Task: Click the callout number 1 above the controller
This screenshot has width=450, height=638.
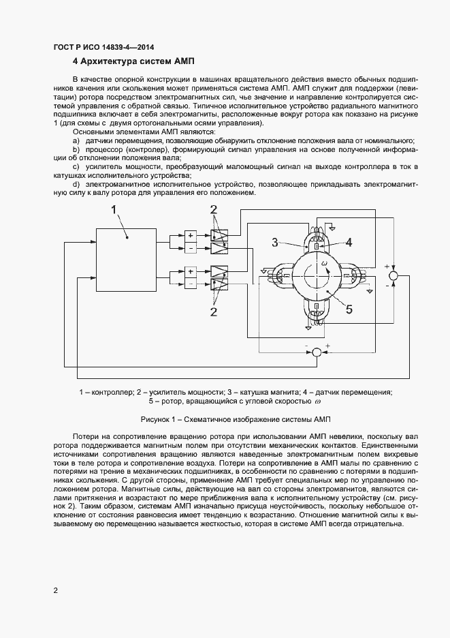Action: tap(115, 209)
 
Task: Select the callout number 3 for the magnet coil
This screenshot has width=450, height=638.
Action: tap(276, 241)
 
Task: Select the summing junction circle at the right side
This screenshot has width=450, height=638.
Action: tap(393, 275)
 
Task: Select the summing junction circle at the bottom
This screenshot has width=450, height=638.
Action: tap(317, 352)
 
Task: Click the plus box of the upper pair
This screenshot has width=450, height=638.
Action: tap(191, 235)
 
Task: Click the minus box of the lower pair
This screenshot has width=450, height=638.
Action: tap(191, 283)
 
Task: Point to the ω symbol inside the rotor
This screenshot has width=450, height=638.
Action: tap(325, 262)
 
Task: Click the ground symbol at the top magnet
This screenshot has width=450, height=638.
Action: tap(332, 226)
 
